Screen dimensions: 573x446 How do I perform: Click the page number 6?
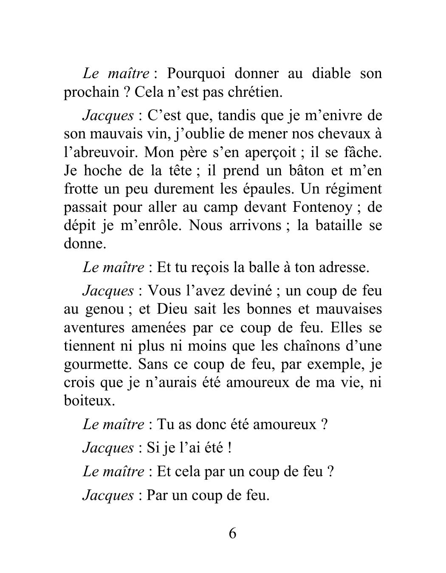pos(232,533)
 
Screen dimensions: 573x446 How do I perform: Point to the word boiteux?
pos(89,401)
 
